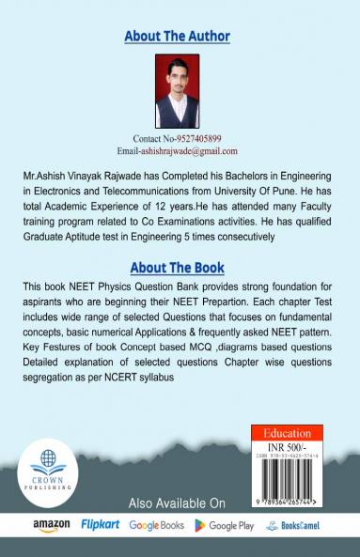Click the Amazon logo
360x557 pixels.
[x=52, y=525]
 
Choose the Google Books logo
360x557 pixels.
[x=157, y=525]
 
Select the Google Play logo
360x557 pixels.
[x=224, y=525]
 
